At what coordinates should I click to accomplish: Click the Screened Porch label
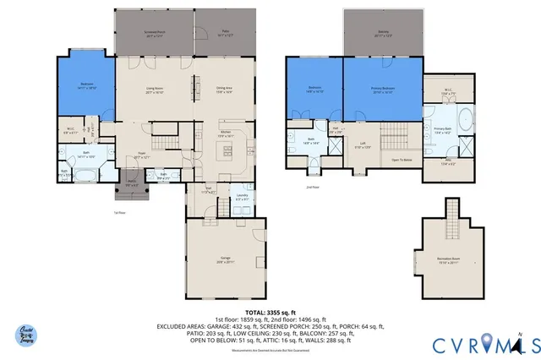click(154, 34)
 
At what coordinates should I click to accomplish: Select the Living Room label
click(154, 90)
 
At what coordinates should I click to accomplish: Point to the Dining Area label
click(224, 90)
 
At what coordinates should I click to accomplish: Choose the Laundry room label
click(242, 197)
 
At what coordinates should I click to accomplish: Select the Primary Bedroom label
click(383, 90)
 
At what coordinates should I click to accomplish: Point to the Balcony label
click(383, 34)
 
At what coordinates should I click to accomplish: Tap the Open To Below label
click(402, 159)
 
